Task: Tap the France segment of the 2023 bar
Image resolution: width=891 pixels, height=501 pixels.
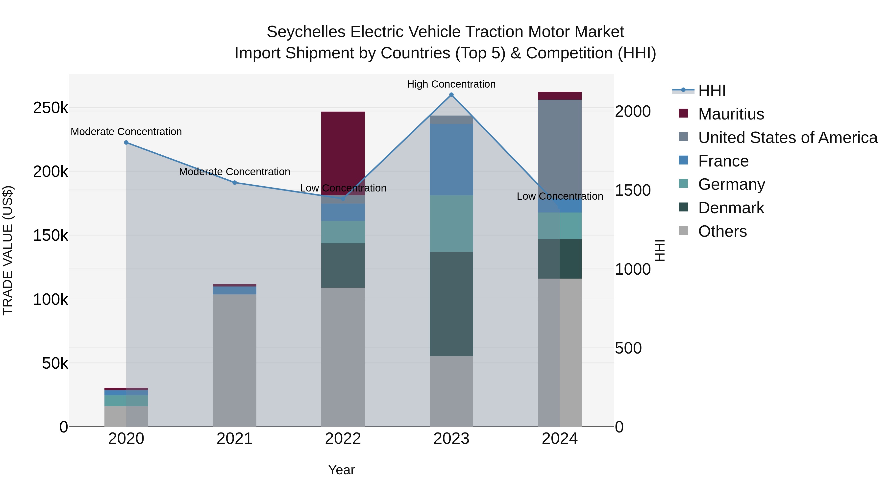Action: pyautogui.click(x=451, y=159)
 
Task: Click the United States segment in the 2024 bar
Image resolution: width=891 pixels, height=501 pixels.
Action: pyautogui.click(x=560, y=156)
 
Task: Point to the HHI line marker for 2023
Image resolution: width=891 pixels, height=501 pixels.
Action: pyautogui.click(x=451, y=95)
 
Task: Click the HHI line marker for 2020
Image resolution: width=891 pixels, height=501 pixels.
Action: pyautogui.click(x=126, y=143)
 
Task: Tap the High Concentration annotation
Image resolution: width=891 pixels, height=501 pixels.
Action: pyautogui.click(x=451, y=84)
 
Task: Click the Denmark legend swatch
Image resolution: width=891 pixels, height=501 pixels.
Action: pyautogui.click(x=683, y=208)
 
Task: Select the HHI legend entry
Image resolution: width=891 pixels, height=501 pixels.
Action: pyautogui.click(x=712, y=91)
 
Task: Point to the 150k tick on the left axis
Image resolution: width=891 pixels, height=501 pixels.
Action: pyautogui.click(x=50, y=236)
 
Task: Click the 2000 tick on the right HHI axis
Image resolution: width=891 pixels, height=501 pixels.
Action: pyautogui.click(x=633, y=111)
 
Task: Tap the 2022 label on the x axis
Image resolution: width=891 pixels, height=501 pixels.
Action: pyautogui.click(x=343, y=439)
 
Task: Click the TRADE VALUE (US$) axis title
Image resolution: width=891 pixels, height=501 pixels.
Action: pyautogui.click(x=8, y=250)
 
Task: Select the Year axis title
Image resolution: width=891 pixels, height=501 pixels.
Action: pyautogui.click(x=341, y=470)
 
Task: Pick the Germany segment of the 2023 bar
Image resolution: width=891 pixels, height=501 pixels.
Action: pyautogui.click(x=451, y=223)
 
